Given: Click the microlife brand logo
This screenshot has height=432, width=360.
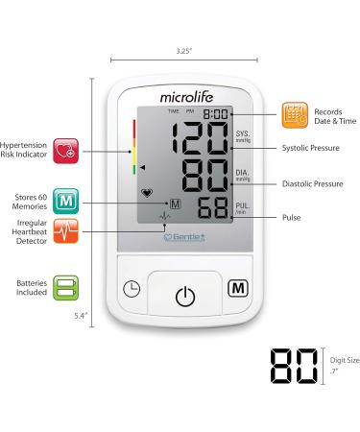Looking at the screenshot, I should pyautogui.click(x=180, y=94).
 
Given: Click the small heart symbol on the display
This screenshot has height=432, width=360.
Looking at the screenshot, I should pyautogui.click(x=146, y=192).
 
